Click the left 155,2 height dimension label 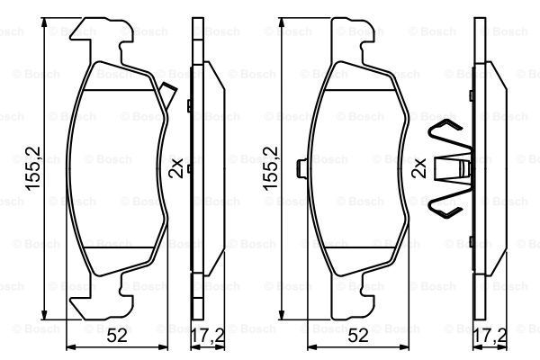tap(33, 168)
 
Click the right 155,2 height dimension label tap(270, 168)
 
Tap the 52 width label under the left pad tap(117, 335)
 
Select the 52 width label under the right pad tap(358, 335)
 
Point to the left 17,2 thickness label tap(208, 335)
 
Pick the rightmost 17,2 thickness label tap(490, 335)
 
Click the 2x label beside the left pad tap(176, 167)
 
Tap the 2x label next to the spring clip tap(419, 167)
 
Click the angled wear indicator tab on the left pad tap(169, 94)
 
